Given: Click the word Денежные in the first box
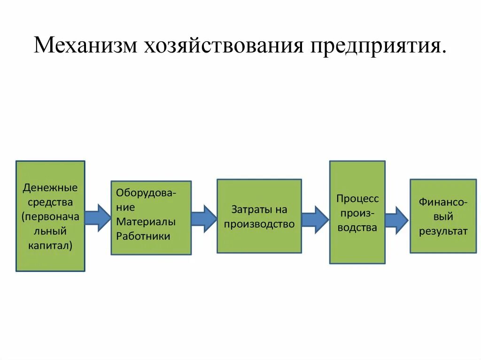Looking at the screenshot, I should pyautogui.click(x=50, y=188).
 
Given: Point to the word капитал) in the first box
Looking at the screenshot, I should pyautogui.click(x=50, y=245).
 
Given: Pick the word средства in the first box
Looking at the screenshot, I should pyautogui.click(x=50, y=202).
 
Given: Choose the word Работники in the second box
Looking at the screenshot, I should pyautogui.click(x=143, y=236).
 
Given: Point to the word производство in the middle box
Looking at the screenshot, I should pyautogui.click(x=259, y=224).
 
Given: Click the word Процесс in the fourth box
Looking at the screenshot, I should pyautogui.click(x=357, y=198).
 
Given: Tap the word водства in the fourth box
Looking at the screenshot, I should pyautogui.click(x=357, y=228).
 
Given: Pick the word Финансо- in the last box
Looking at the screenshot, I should pyautogui.click(x=443, y=202).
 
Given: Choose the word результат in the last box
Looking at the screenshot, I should pyautogui.click(x=443, y=231).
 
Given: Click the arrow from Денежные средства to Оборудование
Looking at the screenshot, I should pyautogui.click(x=98, y=218).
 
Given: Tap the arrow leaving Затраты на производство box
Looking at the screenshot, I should pyautogui.click(x=315, y=219).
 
